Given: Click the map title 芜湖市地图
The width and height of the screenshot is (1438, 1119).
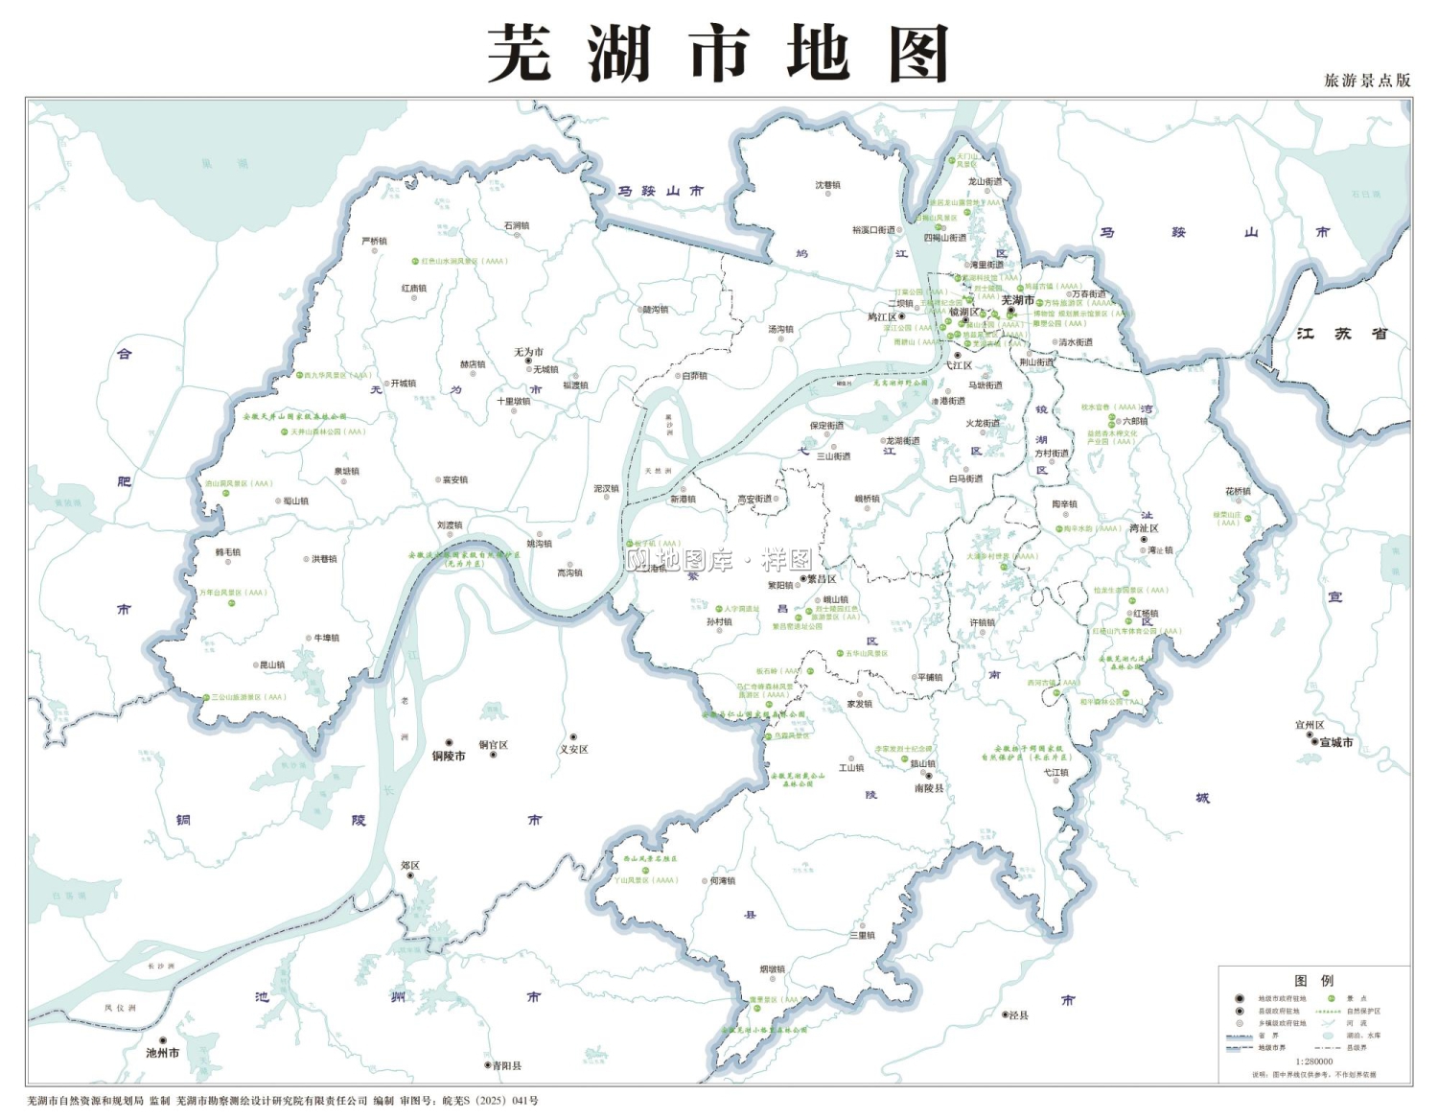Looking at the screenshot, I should coord(718,54).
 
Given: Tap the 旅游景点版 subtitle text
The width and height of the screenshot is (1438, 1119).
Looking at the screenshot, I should coord(1367,81).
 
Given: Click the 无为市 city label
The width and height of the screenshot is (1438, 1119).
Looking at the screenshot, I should coord(528,352).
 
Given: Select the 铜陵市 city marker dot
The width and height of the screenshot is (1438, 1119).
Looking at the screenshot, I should coord(449,743).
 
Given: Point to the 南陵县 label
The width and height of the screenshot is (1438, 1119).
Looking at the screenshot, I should coord(928,788).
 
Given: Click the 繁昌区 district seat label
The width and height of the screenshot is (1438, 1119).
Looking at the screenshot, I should coord(822,579).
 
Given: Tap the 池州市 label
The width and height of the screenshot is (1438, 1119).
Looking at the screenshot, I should coord(162,1053).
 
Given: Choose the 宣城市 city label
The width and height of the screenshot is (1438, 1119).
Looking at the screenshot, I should coord(1336,742).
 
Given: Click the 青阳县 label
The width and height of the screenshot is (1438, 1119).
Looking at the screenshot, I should coord(506,1065).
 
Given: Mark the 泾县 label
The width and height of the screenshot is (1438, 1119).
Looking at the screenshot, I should coord(1018,1014).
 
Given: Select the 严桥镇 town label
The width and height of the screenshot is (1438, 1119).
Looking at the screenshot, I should coord(374,241).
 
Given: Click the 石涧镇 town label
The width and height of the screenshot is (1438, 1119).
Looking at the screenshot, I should coord(516,225).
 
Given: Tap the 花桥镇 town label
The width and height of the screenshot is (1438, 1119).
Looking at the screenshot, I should coord(1238,491).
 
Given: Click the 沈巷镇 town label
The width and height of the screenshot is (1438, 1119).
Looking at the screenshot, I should coord(827,185).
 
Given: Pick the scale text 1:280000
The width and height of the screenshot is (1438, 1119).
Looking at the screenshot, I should coord(1313,1061).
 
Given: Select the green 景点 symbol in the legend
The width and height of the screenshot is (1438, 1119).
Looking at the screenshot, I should coord(1332,999).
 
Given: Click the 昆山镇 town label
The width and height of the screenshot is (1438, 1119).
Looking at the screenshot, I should coord(272,664).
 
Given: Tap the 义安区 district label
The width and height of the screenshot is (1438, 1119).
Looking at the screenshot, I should coord(573,749).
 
